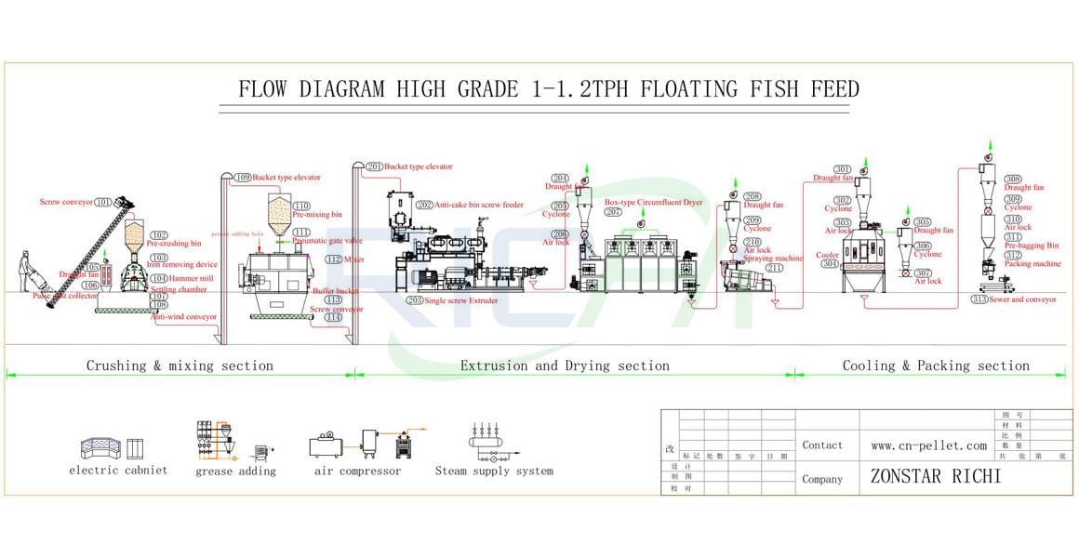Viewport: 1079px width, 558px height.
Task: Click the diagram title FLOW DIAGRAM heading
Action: (549, 89)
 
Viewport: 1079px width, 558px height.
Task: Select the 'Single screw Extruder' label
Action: (465, 300)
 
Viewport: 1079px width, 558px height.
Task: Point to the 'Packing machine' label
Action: (1032, 263)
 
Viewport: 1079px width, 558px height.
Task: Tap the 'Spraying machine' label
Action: (773, 259)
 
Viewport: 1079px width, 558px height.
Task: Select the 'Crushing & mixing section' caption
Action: (180, 365)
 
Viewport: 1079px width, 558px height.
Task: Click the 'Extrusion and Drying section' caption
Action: (565, 365)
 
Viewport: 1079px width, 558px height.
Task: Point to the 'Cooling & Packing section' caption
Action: (936, 365)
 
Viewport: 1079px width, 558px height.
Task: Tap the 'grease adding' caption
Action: (235, 472)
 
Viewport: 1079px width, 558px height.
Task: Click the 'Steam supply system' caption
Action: (494, 472)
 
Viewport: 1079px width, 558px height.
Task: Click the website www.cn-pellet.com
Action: (928, 445)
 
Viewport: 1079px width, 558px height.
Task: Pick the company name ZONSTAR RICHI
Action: (935, 476)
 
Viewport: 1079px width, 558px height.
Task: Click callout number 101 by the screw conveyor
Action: (102, 202)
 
